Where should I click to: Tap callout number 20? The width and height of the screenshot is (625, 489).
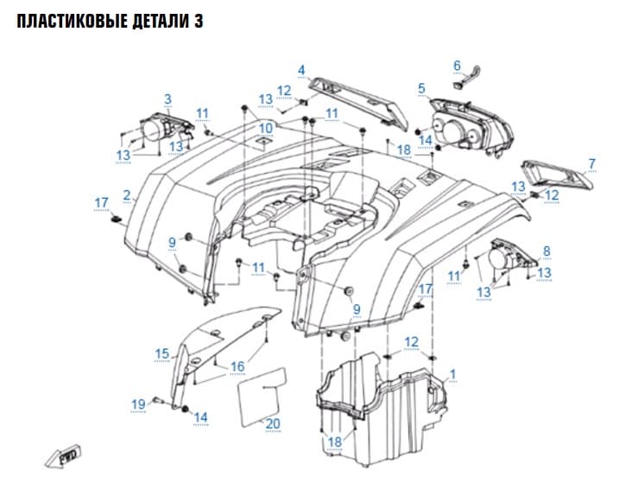(273, 423)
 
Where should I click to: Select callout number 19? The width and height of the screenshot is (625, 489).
(138, 404)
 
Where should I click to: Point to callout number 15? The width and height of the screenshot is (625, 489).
(161, 353)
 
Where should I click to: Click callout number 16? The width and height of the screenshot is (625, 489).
(237, 366)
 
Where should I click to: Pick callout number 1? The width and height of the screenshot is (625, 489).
(452, 374)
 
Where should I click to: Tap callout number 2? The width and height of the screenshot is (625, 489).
(127, 195)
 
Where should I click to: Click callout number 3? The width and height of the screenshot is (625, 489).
(167, 98)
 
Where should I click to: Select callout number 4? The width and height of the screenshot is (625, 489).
(301, 70)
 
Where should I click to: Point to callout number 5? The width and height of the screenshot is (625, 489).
(422, 88)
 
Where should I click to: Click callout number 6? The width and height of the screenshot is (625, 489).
(457, 66)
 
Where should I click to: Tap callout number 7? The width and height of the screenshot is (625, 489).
(591, 163)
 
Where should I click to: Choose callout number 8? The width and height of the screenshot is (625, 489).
(546, 251)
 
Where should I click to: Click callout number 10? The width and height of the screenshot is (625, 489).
(266, 128)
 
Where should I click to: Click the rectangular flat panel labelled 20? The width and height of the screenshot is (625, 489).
(262, 397)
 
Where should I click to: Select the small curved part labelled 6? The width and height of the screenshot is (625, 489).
(468, 76)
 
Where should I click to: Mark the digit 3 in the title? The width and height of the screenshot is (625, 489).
(199, 21)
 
